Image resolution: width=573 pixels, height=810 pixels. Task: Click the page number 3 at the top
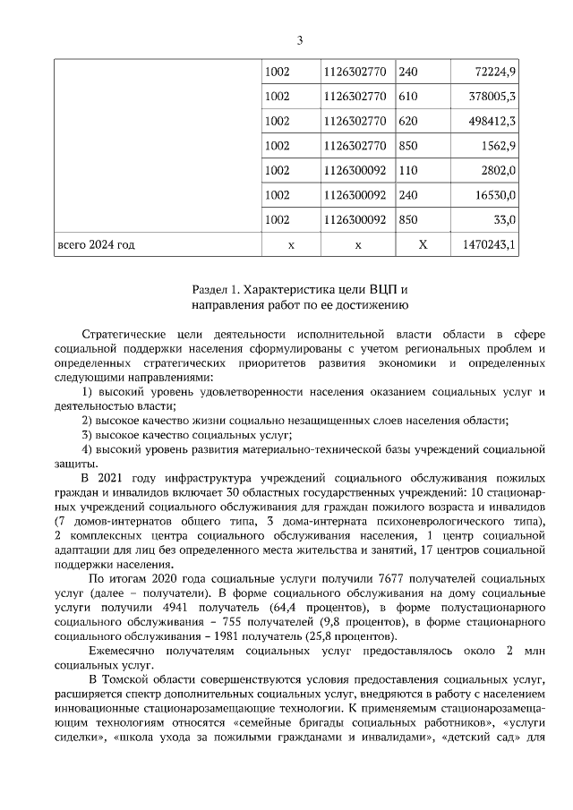[300, 39]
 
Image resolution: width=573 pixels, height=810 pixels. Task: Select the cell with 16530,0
[495, 194]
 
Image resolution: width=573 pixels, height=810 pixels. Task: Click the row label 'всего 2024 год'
[97, 244]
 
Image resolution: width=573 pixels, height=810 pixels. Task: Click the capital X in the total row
[423, 244]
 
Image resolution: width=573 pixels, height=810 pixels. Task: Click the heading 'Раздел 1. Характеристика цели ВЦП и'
[300, 290]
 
